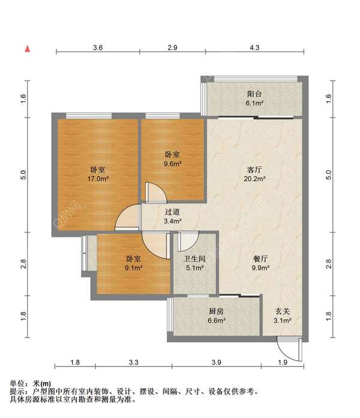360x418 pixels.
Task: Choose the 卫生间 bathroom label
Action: [x=193, y=259]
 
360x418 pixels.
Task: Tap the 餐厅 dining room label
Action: [x=260, y=259]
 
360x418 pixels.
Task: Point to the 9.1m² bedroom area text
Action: [x=134, y=268]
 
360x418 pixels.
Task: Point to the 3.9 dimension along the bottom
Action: [x=217, y=363]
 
